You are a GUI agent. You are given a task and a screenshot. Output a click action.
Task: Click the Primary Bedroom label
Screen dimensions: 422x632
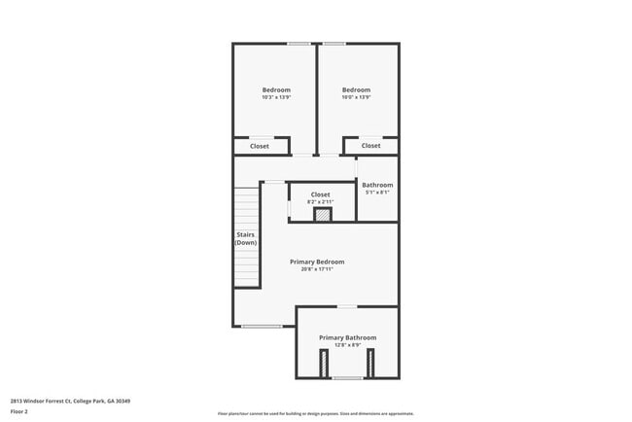pyautogui.click(x=317, y=262)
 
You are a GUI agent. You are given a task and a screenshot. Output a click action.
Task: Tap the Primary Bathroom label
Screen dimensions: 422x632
pyautogui.click(x=347, y=337)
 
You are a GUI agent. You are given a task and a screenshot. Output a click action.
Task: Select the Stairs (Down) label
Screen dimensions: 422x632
pyautogui.click(x=246, y=238)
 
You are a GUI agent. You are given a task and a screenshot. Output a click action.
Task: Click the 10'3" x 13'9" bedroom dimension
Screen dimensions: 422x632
pyautogui.click(x=276, y=97)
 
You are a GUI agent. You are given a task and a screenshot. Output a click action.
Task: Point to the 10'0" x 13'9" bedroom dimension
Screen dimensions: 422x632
pyautogui.click(x=356, y=97)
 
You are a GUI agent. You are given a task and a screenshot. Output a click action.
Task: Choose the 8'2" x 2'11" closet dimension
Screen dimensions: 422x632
pyautogui.click(x=321, y=201)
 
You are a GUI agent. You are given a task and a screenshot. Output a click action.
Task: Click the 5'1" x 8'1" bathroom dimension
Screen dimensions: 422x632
pyautogui.click(x=377, y=192)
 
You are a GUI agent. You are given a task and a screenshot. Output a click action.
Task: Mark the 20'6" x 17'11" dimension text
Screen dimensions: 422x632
pyautogui.click(x=317, y=269)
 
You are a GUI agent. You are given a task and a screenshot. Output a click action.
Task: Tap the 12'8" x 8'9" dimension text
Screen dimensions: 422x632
pyautogui.click(x=347, y=345)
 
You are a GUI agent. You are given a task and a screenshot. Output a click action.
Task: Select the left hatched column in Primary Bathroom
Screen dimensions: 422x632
pyautogui.click(x=324, y=362)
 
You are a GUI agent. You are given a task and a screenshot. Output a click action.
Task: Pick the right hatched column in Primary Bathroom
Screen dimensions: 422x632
pyautogui.click(x=370, y=362)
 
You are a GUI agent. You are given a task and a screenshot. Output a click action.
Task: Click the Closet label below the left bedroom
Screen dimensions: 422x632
pyautogui.click(x=260, y=146)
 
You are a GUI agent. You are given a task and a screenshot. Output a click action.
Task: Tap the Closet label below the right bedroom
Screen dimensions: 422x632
pyautogui.click(x=371, y=146)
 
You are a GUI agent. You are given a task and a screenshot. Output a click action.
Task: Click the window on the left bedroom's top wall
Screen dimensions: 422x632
pyautogui.click(x=298, y=43)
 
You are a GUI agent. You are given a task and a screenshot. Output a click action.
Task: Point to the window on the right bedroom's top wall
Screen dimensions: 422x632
pyautogui.click(x=334, y=43)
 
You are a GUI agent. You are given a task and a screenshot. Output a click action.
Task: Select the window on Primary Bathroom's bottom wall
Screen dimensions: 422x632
pyautogui.click(x=347, y=377)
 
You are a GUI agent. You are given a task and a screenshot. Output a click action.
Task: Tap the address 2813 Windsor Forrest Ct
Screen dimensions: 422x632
pyautogui.click(x=70, y=401)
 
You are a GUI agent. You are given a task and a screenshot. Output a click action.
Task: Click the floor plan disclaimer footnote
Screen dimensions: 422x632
pyautogui.click(x=315, y=413)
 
